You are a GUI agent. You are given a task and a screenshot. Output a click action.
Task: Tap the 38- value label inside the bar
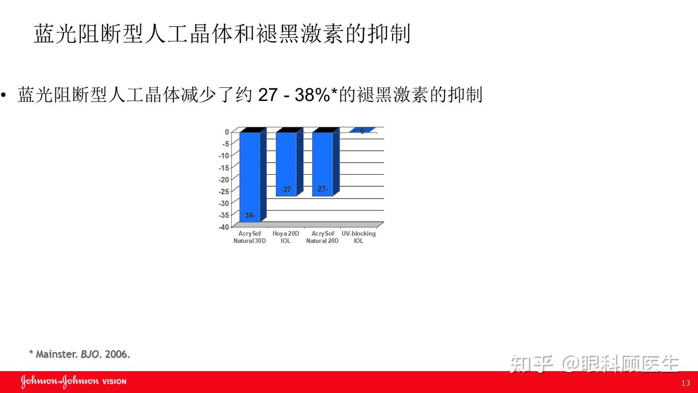[x=250, y=215]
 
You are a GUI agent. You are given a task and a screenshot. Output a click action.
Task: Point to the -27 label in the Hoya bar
[x=286, y=190]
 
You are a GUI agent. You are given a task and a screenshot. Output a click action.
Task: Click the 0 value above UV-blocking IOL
[x=362, y=131]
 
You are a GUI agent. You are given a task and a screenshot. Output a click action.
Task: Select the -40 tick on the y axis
[x=223, y=227]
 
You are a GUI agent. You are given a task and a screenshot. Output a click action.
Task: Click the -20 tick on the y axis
[x=223, y=180]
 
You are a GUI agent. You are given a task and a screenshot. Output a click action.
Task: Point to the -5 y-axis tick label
[x=225, y=144]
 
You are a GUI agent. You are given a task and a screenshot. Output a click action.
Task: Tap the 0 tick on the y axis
[x=227, y=132]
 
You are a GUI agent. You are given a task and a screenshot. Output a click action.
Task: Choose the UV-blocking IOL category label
[x=359, y=237]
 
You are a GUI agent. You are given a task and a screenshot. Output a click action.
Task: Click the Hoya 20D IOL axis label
[x=286, y=237]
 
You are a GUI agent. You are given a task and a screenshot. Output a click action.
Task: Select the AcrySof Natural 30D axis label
[x=250, y=237]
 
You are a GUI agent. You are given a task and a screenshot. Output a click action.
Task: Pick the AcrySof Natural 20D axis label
[x=322, y=237]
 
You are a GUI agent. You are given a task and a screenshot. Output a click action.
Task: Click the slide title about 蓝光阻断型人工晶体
[x=222, y=34]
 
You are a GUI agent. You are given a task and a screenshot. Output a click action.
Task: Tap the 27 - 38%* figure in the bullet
[x=297, y=95]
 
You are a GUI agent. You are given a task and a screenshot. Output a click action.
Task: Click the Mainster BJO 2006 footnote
[x=79, y=354]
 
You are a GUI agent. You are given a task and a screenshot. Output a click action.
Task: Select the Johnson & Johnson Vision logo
[x=73, y=381]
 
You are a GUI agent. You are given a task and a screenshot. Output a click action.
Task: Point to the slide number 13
[x=685, y=383]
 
